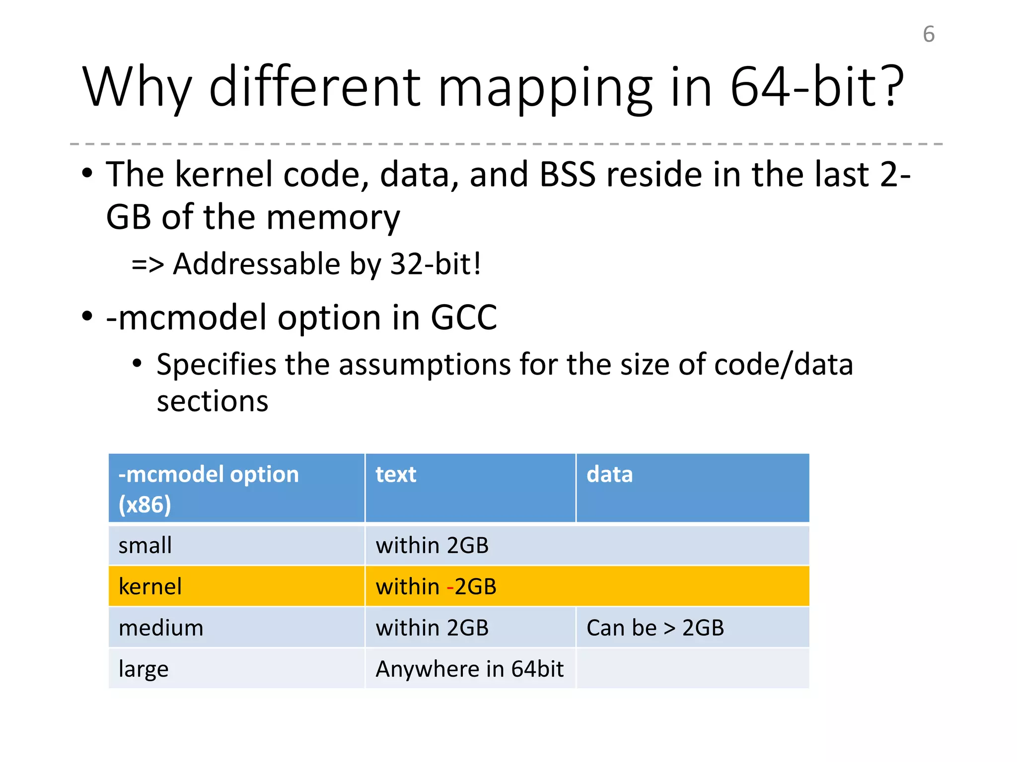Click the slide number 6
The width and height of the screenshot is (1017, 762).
929,35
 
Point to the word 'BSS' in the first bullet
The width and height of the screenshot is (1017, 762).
567,175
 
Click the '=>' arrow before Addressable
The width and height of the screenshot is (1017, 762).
147,264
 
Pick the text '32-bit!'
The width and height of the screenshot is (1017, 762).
436,264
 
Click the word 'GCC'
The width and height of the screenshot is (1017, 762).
463,317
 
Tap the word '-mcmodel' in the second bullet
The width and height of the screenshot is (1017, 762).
187,317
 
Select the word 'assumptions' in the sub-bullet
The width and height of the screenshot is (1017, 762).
425,365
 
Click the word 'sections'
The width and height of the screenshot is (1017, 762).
213,401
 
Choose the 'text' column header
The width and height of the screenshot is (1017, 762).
396,474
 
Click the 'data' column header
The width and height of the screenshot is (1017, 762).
609,474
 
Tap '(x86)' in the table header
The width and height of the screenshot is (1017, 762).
145,505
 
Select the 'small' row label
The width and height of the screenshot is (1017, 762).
145,546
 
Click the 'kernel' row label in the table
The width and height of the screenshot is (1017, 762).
150,587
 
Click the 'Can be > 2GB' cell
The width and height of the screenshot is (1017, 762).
655,628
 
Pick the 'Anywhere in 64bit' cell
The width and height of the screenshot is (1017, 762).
469,669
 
